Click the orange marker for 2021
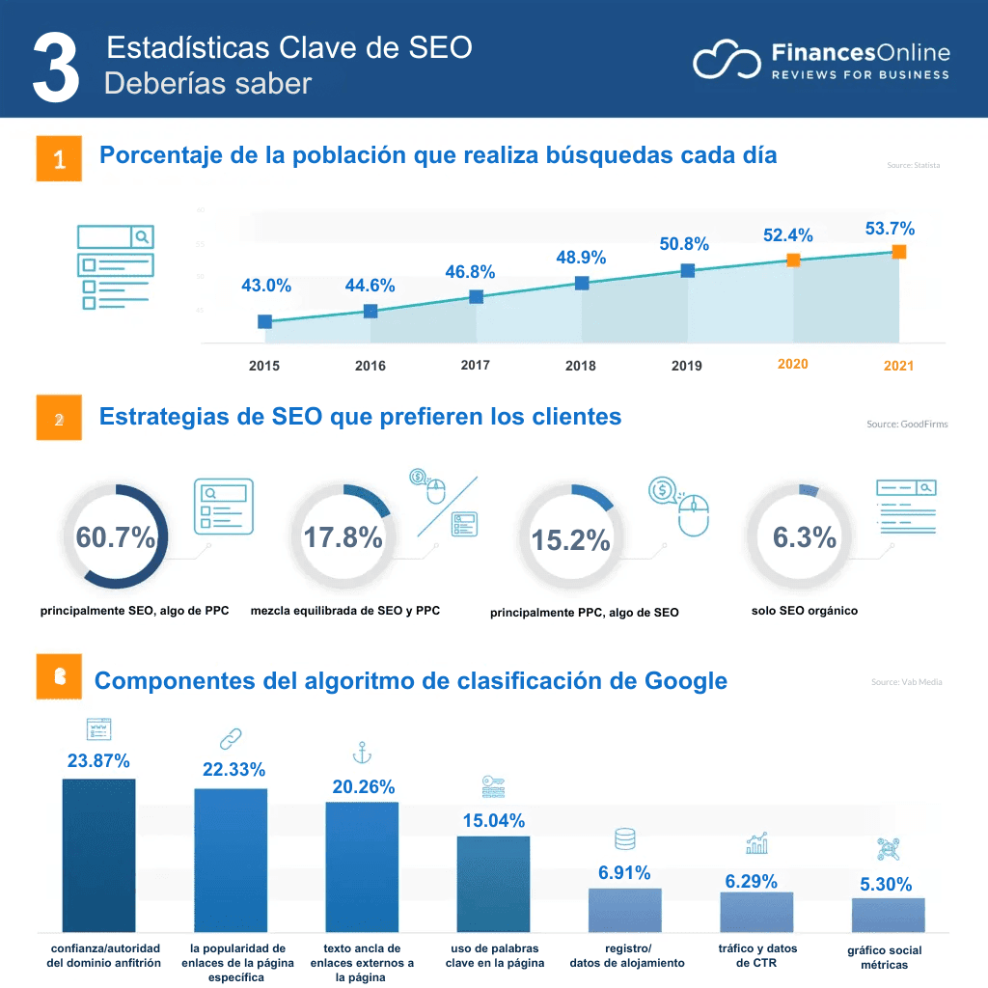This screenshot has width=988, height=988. click(898, 252)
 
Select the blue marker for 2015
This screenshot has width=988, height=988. click(264, 321)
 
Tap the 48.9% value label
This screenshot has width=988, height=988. click(581, 258)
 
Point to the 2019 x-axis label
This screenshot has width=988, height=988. click(686, 366)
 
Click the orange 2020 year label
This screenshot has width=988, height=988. click(792, 364)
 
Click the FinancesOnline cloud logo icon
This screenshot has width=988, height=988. click(726, 60)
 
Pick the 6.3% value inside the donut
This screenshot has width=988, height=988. click(804, 537)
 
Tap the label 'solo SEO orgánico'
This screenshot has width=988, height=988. click(804, 611)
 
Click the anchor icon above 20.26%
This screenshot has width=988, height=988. click(362, 754)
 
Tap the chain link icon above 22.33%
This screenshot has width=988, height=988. click(231, 739)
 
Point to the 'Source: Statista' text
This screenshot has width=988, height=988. click(913, 166)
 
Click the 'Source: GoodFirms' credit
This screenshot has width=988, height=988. click(906, 425)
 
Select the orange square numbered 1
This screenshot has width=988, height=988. click(59, 159)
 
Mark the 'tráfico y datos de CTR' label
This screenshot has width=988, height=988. click(757, 955)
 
